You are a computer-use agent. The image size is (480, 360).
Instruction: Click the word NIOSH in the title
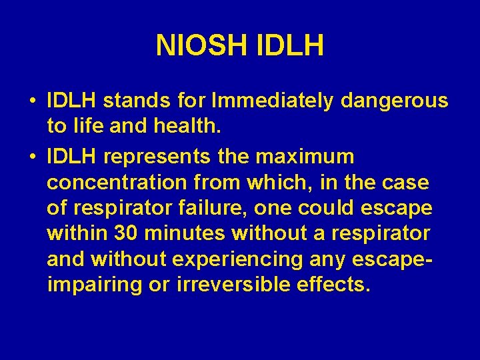(201, 46)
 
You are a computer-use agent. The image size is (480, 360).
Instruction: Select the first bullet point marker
(32, 101)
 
